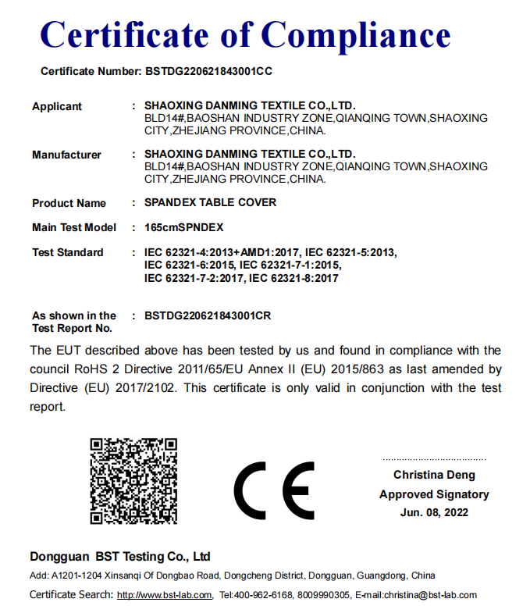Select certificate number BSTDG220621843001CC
click(208, 71)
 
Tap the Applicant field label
click(57, 106)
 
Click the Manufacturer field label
click(66, 155)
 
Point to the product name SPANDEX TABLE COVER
click(210, 202)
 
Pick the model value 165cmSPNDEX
click(184, 227)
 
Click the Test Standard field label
click(68, 252)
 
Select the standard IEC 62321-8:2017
click(294, 278)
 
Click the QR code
click(133, 481)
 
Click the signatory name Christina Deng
click(434, 475)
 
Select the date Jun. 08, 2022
click(434, 512)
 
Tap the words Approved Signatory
click(434, 494)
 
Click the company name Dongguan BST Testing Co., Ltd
click(120, 557)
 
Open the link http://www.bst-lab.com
click(164, 595)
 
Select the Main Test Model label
click(74, 227)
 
